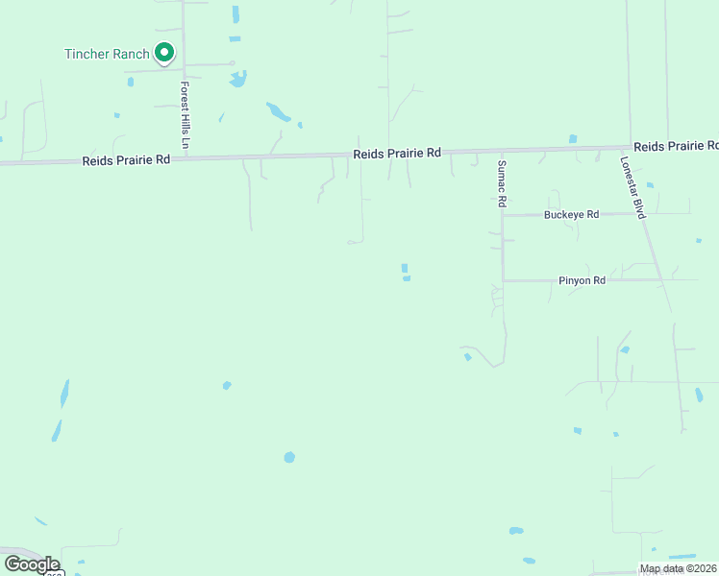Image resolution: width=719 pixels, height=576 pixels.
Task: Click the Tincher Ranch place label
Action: (x=107, y=54)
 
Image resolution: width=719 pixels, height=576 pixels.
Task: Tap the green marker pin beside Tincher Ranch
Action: (x=164, y=53)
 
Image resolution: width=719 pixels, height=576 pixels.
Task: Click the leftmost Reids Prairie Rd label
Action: (x=126, y=159)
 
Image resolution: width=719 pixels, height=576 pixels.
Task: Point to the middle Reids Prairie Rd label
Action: (x=397, y=153)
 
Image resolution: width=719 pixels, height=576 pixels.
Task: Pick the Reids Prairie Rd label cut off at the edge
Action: (x=676, y=146)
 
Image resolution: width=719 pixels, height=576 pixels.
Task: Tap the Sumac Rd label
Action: (x=501, y=184)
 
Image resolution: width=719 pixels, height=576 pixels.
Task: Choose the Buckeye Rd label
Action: (x=571, y=214)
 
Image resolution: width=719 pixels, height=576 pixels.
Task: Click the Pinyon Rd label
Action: (x=582, y=280)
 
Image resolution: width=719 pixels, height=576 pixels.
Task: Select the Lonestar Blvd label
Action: (x=632, y=187)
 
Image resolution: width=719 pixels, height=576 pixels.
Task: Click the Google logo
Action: (x=32, y=564)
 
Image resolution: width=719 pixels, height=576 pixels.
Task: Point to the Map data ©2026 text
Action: (x=678, y=568)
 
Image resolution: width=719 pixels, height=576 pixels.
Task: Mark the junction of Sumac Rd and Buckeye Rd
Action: (x=502, y=215)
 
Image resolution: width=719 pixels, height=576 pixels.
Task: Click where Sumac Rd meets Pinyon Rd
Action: (x=503, y=280)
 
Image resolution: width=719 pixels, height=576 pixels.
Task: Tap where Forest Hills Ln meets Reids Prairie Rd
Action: (x=185, y=157)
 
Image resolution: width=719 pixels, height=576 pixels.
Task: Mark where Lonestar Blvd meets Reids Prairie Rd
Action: (x=631, y=148)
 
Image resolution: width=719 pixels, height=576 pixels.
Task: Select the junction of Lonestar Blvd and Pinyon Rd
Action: (x=661, y=280)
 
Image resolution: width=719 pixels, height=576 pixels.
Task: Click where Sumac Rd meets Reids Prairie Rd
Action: (x=500, y=151)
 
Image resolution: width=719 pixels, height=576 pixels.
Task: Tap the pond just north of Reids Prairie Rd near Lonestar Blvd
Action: (x=573, y=138)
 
